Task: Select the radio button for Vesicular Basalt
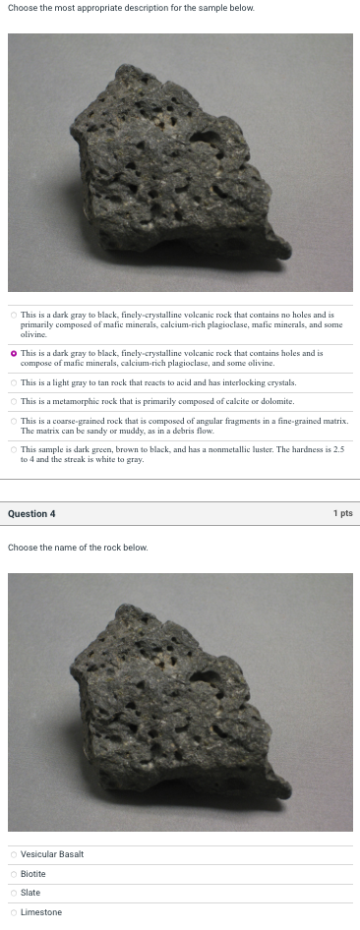tap(14, 853)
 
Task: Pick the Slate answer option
tap(30, 893)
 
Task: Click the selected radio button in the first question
tap(14, 352)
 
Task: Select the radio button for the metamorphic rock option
tap(14, 401)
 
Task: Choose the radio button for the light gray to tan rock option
tap(14, 381)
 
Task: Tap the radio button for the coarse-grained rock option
tap(14, 421)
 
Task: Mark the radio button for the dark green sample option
tap(14, 449)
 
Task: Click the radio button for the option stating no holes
tap(14, 315)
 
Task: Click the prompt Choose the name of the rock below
tap(78, 547)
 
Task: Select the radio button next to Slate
tap(14, 893)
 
